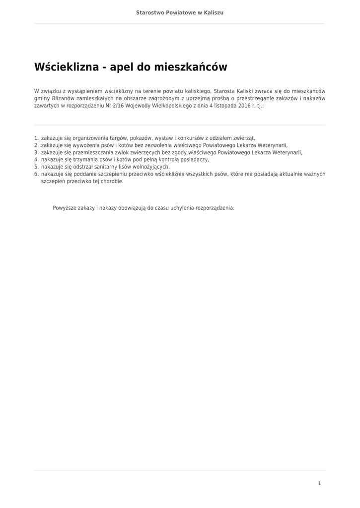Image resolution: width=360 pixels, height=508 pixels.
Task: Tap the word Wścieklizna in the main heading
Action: (67, 67)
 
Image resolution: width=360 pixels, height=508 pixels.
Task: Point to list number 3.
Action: (36, 152)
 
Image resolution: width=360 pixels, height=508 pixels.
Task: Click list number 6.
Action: (36, 174)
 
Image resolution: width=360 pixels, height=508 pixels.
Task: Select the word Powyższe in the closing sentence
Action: (64, 208)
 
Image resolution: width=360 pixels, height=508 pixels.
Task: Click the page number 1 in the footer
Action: (319, 483)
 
